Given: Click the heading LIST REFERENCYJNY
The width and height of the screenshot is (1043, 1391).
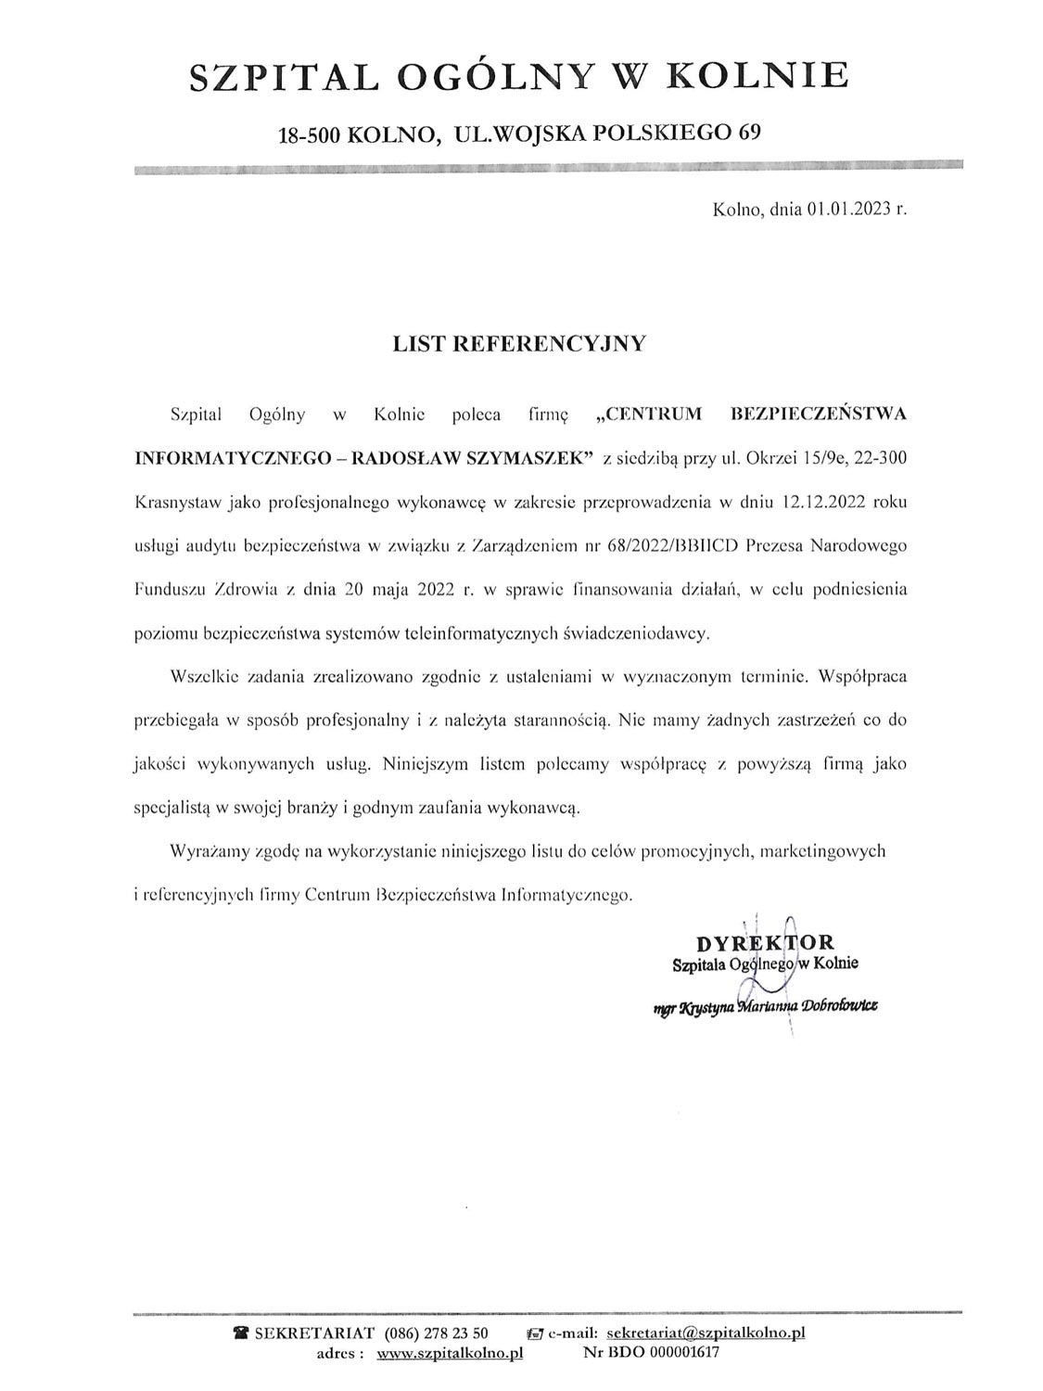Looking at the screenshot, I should [519, 344].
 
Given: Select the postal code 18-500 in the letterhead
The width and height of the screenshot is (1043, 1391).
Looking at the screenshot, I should [311, 134].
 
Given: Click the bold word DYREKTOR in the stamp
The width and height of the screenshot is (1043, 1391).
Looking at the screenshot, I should [766, 944].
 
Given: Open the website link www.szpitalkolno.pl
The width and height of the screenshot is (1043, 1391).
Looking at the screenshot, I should [450, 1353].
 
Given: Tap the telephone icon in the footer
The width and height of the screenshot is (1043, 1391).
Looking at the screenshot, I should [242, 1334].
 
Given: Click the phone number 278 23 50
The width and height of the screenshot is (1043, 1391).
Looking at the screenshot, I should [456, 1334].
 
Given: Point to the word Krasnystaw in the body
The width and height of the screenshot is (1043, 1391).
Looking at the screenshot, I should [174, 503].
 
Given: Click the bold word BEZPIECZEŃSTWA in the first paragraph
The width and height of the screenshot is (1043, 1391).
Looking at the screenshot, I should [819, 414].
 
